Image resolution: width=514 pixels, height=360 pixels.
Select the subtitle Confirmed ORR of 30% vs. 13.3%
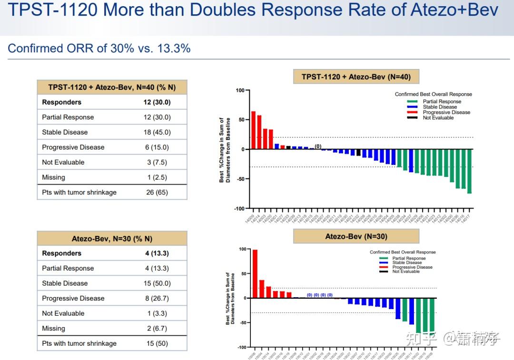pyautogui.click(x=99, y=48)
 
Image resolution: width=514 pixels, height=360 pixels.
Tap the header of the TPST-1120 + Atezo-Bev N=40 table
pyautogui.click(x=112, y=87)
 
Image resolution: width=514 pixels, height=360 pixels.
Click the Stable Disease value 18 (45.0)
pyautogui.click(x=157, y=132)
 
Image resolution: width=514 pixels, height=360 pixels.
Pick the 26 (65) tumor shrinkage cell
pyautogui.click(x=157, y=193)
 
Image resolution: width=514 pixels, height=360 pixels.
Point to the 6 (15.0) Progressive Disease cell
pyautogui.click(x=157, y=147)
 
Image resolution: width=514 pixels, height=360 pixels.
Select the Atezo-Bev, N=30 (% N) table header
pyautogui.click(x=112, y=239)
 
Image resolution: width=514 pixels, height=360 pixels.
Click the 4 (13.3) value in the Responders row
pyautogui.click(x=157, y=253)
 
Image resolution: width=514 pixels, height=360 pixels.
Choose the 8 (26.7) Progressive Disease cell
pyautogui.click(x=157, y=299)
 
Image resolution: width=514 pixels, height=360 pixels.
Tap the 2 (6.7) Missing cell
pyautogui.click(x=157, y=329)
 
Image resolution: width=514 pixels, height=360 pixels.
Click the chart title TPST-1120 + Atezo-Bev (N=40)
pyautogui.click(x=356, y=77)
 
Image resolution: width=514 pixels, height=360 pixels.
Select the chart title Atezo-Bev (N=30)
pyautogui.click(x=356, y=236)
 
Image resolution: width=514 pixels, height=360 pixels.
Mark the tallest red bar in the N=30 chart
pyautogui.click(x=255, y=274)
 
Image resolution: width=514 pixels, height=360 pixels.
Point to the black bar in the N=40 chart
pyautogui.click(x=358, y=153)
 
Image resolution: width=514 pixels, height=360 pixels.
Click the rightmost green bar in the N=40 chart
pyautogui.click(x=469, y=171)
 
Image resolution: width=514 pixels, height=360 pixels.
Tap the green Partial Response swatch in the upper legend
pyautogui.click(x=412, y=101)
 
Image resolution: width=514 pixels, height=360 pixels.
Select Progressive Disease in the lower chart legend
pyautogui.click(x=412, y=267)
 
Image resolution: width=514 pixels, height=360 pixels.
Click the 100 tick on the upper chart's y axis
pyautogui.click(x=240, y=90)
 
